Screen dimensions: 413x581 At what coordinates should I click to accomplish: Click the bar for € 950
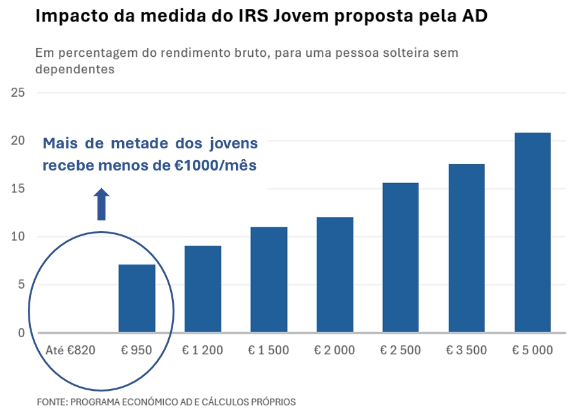137,298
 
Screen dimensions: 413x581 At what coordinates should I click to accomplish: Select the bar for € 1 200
203,289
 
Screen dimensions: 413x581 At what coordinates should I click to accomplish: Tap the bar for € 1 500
269,279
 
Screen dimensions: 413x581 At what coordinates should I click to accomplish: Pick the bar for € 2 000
334,275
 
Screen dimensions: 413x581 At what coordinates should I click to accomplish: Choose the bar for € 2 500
401,257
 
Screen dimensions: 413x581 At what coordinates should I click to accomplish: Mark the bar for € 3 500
467,248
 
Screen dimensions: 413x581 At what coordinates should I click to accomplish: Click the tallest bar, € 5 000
532,232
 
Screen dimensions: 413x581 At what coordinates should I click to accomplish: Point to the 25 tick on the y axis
18,93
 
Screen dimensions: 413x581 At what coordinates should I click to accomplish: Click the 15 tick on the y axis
18,189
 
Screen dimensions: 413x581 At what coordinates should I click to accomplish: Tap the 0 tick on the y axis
21,333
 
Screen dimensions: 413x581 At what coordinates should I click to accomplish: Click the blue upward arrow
102,203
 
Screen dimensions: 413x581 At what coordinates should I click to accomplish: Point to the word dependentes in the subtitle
75,69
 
